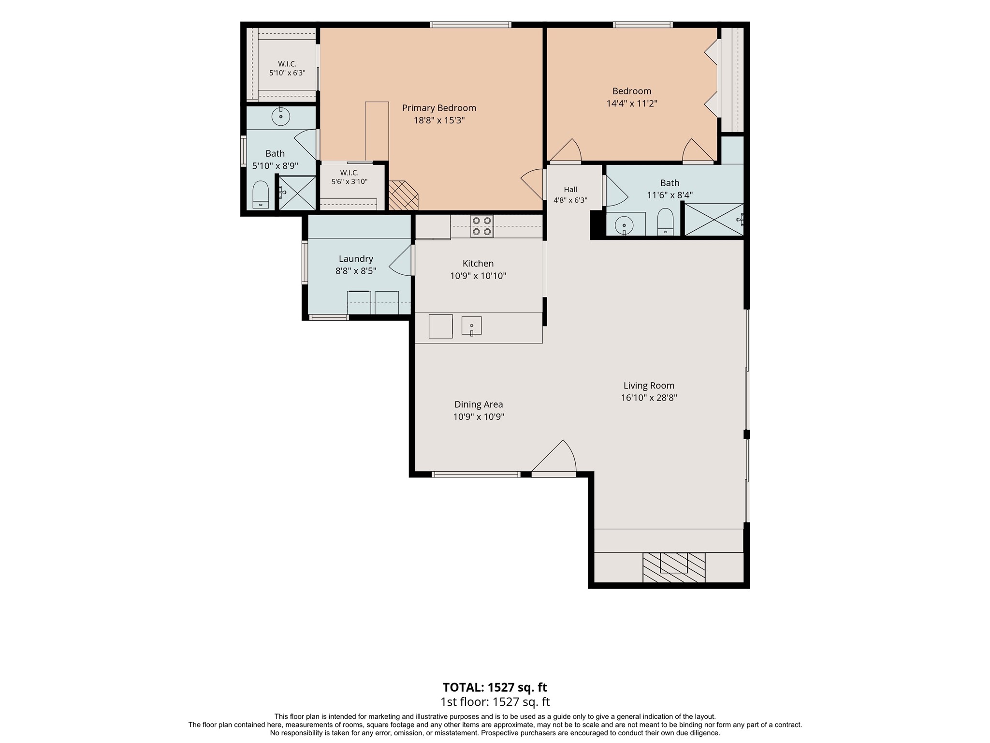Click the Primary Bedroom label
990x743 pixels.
(439, 108)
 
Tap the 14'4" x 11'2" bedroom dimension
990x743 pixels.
(632, 103)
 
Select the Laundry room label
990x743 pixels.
(356, 259)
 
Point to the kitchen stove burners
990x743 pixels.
(482, 226)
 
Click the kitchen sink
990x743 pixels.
(471, 326)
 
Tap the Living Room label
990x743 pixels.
(649, 386)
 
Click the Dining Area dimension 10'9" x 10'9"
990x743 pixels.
(479, 416)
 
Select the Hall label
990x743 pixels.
(570, 190)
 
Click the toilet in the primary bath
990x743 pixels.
(261, 194)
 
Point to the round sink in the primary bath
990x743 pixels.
(280, 117)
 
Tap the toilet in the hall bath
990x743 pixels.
(665, 222)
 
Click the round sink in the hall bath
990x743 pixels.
(624, 225)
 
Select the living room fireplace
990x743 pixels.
(673, 567)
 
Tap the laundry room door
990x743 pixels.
(401, 260)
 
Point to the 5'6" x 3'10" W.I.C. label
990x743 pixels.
(349, 178)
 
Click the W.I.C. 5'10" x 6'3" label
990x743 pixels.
(287, 69)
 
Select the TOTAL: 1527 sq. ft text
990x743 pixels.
(495, 687)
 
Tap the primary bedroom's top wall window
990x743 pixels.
(471, 25)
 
